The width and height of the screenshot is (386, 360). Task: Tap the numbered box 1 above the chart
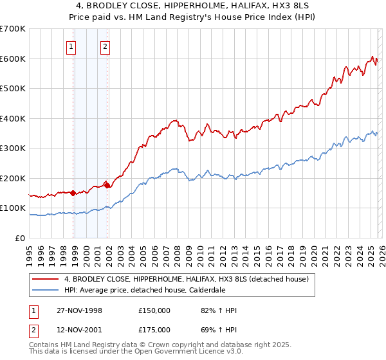pos(70,46)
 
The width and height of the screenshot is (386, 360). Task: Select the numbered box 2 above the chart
pos(104,46)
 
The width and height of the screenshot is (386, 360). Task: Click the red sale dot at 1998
pos(73,193)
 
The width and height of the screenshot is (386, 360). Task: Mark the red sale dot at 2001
pos(107,185)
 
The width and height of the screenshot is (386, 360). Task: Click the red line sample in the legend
pos(45,280)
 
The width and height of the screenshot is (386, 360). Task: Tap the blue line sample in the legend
pos(45,290)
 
